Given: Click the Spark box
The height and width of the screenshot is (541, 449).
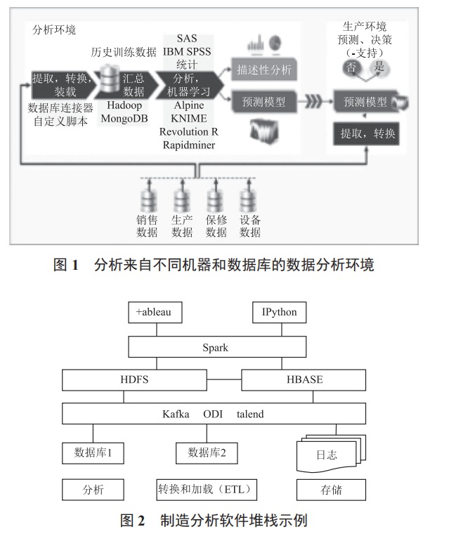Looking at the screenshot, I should (216, 347).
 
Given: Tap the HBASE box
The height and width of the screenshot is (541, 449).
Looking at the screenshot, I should (304, 379).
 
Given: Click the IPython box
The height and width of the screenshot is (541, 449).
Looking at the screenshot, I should (279, 312).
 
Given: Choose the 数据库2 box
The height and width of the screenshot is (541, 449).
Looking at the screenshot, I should (207, 453).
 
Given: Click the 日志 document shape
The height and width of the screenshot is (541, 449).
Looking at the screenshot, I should (326, 455).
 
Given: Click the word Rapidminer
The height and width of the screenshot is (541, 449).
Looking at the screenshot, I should (189, 145).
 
